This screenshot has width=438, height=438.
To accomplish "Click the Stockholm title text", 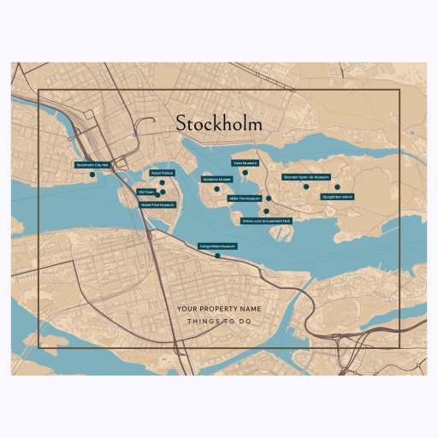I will pyautogui.click(x=219, y=123).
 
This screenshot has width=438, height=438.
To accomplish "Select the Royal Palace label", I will pyautogui.click(x=162, y=173).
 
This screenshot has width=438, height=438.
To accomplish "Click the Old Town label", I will pyautogui.click(x=146, y=192).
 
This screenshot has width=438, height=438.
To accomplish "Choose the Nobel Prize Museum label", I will pyautogui.click(x=157, y=204).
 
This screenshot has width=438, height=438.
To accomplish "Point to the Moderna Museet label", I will pyautogui.click(x=217, y=179).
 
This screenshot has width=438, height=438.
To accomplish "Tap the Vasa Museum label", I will pyautogui.click(x=245, y=162).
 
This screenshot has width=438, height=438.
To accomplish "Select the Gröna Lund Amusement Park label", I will pyautogui.click(x=266, y=221).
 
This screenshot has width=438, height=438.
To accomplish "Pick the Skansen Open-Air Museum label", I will pyautogui.click(x=305, y=177).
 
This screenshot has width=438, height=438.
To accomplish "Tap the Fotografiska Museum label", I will pyautogui.click(x=217, y=246).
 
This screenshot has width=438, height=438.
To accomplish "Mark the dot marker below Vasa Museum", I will pyautogui.click(x=245, y=172).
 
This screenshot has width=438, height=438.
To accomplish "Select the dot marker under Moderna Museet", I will pyautogui.click(x=217, y=188).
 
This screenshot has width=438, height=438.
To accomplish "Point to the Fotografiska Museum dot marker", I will pyautogui.click(x=217, y=255).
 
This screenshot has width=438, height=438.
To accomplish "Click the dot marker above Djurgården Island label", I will pyautogui.click(x=337, y=186).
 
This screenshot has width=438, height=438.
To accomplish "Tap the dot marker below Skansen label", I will pyautogui.click(x=305, y=186).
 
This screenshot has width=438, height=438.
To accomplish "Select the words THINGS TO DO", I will pyautogui.click(x=219, y=322).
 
